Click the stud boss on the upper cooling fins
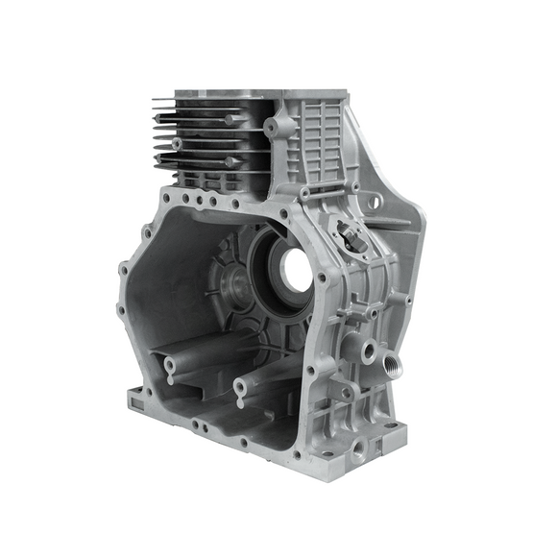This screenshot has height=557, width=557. point(230,120)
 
